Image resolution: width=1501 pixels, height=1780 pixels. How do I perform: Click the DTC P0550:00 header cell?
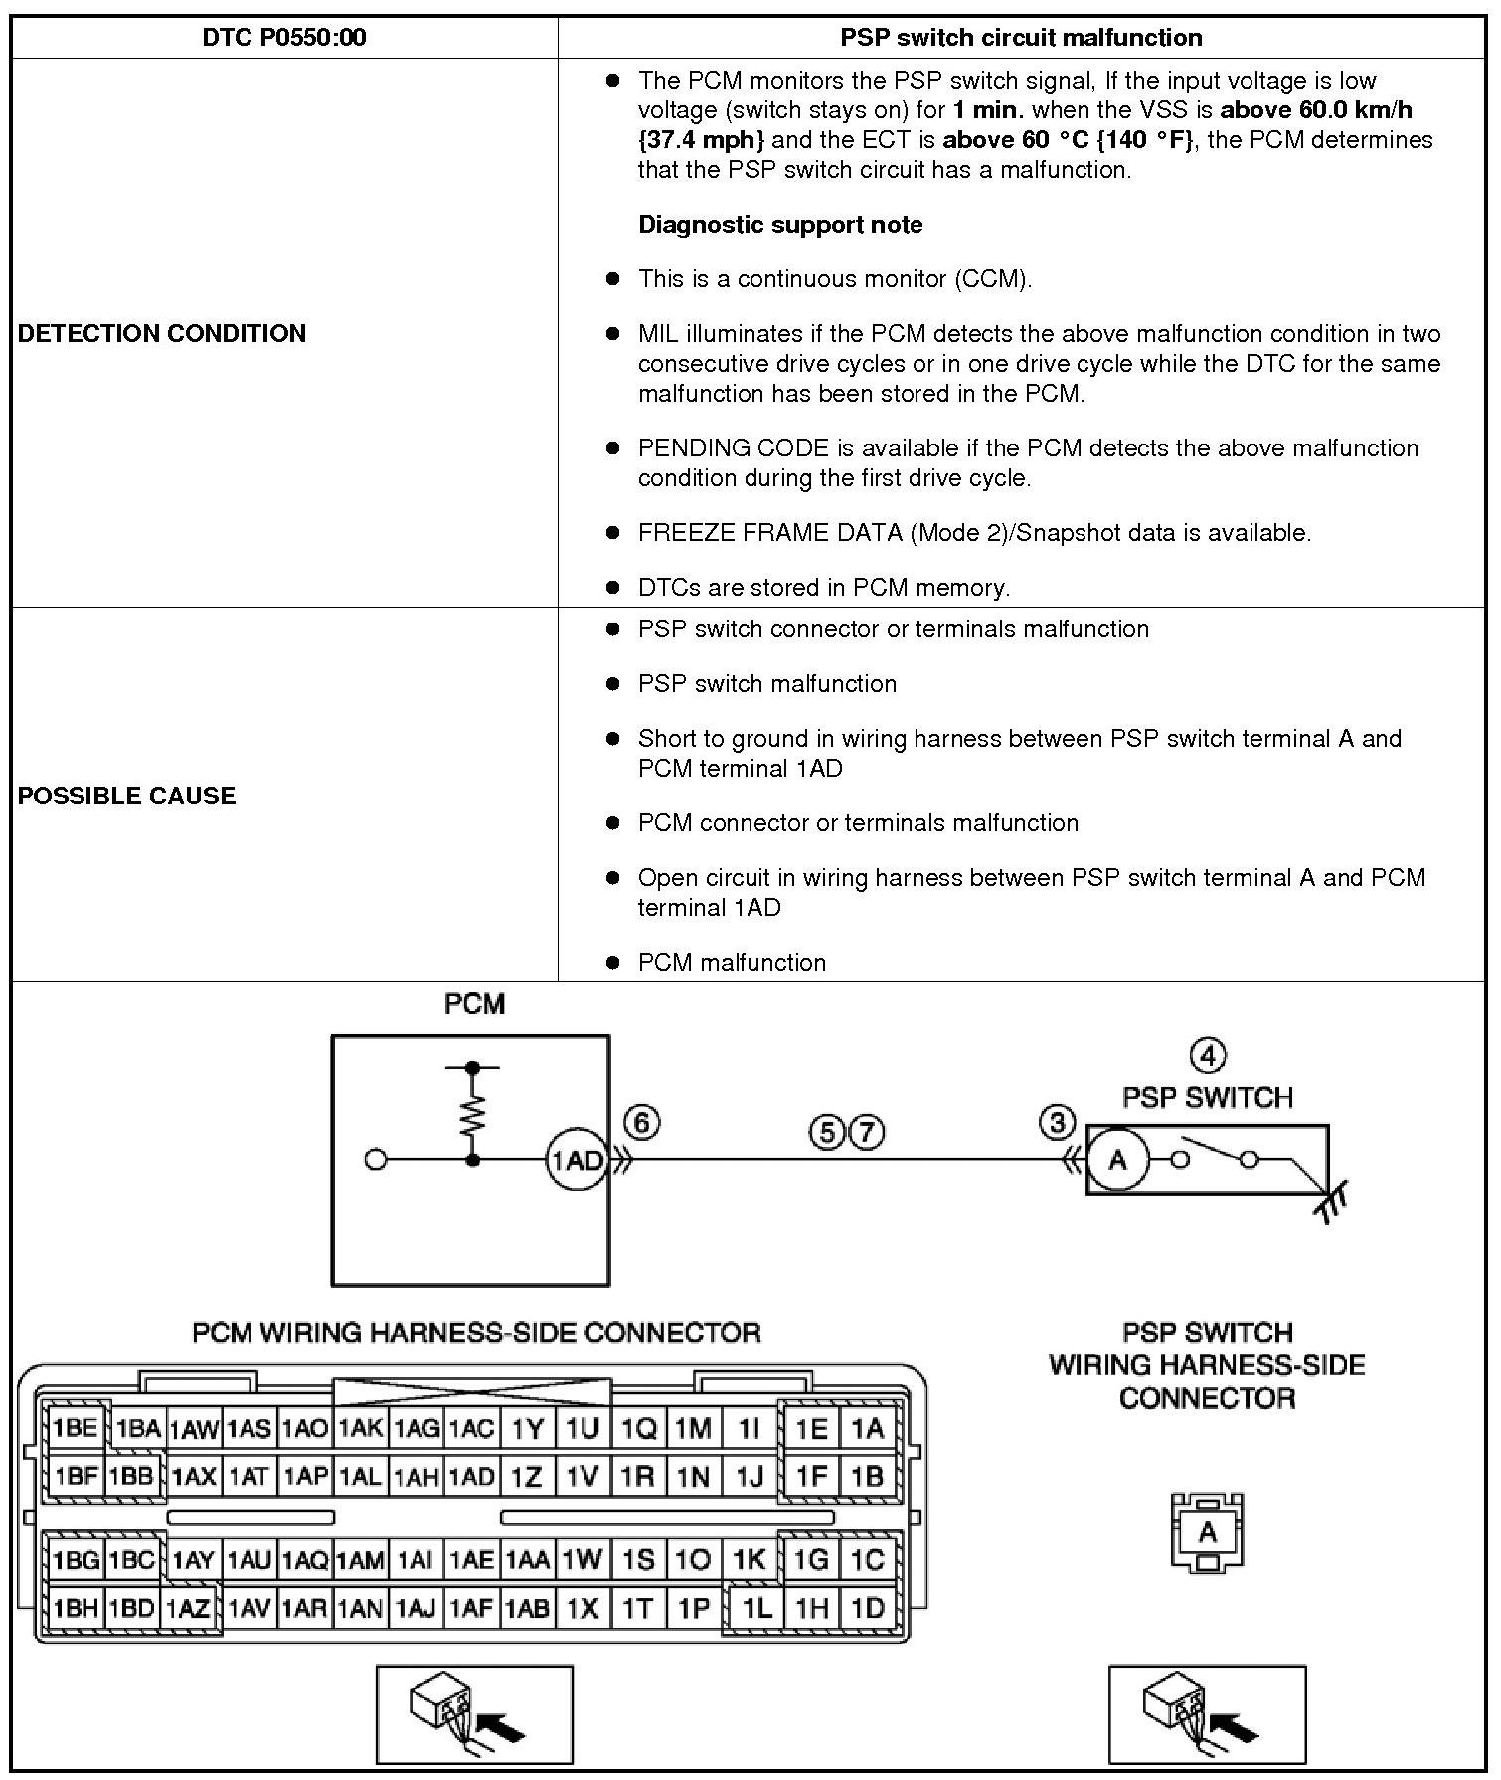pos(283,38)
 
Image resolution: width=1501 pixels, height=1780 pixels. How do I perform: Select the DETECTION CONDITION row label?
pos(162,333)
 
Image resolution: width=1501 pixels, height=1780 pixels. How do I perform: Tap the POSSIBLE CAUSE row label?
pos(127,796)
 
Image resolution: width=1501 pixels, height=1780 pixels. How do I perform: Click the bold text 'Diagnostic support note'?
pos(780,225)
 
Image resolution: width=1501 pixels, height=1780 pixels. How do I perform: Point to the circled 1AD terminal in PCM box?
pos(577,1159)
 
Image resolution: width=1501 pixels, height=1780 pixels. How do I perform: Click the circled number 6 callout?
pos(642,1123)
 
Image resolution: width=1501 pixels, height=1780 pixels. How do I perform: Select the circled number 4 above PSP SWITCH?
pos(1207,1055)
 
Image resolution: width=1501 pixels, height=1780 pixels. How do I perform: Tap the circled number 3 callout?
pos(1057,1123)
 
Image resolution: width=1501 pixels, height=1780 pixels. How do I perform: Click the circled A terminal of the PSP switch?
pos(1117,1159)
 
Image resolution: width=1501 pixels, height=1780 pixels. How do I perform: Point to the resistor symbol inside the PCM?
pos(473,1113)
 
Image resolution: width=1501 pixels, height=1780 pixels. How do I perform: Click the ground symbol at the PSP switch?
pos(1333,1204)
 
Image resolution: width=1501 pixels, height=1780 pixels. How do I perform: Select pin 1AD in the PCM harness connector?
pos(471,1476)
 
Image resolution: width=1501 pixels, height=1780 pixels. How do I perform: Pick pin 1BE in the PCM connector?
pos(76,1429)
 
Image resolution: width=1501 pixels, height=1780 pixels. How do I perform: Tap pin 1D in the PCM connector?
pos(868,1608)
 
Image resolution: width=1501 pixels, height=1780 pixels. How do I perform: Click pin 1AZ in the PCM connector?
pos(189,1608)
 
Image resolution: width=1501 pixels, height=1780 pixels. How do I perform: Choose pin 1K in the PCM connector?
pos(749,1559)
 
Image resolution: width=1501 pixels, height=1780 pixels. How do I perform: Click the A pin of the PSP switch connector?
pos(1207,1532)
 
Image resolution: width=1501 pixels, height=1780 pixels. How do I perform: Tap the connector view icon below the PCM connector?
pos(474,1713)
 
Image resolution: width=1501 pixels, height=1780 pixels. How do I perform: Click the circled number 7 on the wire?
pos(867,1132)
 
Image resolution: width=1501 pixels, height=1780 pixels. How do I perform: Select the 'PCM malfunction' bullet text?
pos(732,962)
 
